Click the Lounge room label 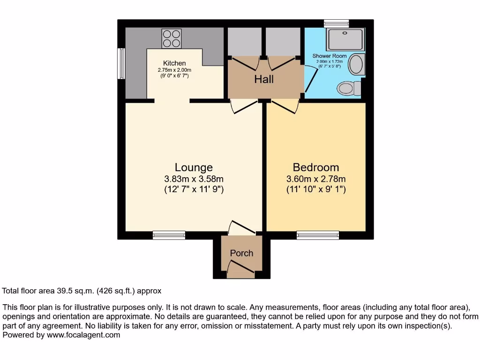(194, 167)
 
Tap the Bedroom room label (316, 167)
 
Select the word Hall (264, 79)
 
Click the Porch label (241, 253)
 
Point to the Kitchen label (174, 63)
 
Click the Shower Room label (330, 56)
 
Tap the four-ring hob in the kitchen (172, 38)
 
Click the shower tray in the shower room (345, 39)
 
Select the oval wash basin (356, 64)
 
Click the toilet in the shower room (349, 89)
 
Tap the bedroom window (318, 235)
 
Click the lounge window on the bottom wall (169, 235)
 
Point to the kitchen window (121, 64)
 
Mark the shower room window (337, 23)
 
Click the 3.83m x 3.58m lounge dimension (194, 179)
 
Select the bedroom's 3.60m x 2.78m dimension (316, 179)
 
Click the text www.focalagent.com (83, 335)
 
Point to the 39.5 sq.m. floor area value (75, 291)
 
